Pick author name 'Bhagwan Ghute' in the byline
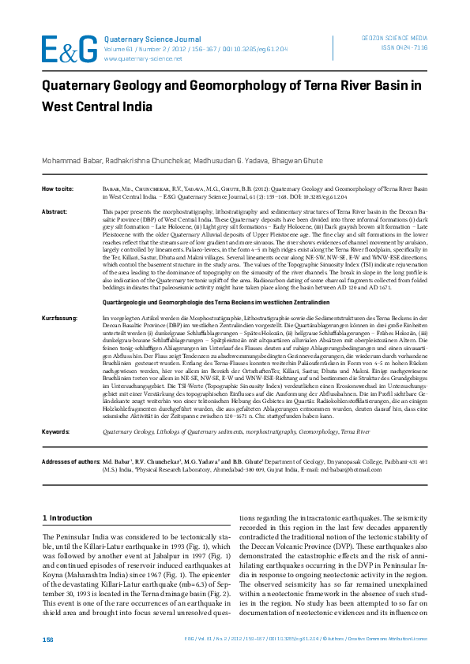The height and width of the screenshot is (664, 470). tap(297, 159)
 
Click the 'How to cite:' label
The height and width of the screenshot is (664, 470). tap(58, 189)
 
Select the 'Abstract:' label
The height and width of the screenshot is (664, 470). tap(54, 212)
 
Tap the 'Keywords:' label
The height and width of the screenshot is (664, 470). tap(55, 432)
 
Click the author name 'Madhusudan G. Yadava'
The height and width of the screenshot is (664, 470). tap(223, 159)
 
